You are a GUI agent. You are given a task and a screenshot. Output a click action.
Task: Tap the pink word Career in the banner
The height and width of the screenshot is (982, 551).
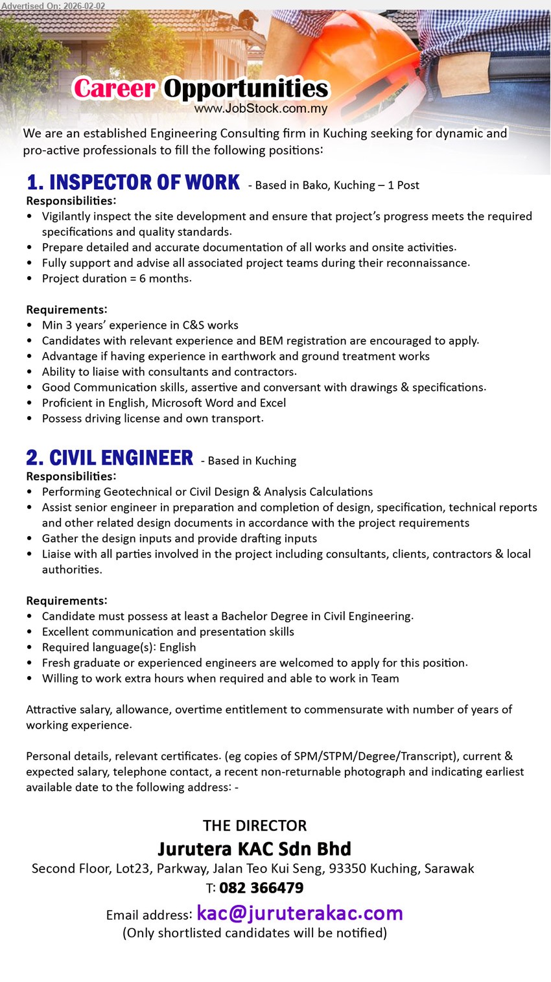[114, 89]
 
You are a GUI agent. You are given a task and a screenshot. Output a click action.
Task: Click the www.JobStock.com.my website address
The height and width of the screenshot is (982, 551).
[261, 109]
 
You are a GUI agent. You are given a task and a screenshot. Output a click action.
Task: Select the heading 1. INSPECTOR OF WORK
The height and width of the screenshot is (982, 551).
[133, 183]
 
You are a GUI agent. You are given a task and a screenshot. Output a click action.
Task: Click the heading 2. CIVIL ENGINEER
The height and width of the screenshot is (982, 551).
[110, 458]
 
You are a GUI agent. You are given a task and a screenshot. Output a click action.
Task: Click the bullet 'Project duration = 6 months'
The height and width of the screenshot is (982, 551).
[117, 279]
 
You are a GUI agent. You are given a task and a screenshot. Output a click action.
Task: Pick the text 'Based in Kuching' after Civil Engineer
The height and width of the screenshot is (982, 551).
[252, 461]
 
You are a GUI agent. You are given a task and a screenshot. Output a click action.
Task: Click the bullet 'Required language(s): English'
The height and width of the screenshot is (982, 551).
[119, 648]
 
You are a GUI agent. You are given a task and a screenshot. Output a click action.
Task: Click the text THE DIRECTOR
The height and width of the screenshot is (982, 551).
[255, 826]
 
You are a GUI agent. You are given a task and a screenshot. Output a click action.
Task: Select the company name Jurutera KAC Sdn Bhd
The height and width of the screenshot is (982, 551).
[255, 848]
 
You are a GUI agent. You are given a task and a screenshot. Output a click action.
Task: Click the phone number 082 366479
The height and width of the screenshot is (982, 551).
[261, 888]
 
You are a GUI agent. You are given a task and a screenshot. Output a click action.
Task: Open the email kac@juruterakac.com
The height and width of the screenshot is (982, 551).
[299, 913]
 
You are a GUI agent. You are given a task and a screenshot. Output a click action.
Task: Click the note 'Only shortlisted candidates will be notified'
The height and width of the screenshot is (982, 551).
[255, 933]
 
